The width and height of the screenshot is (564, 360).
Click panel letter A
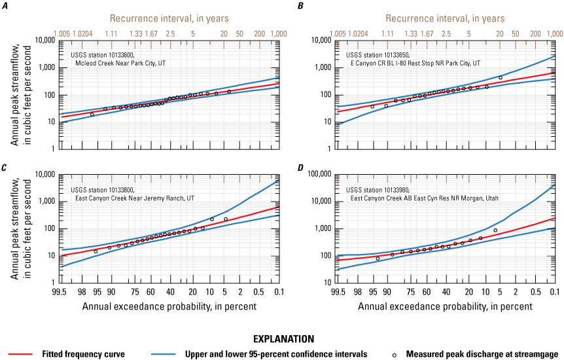7,5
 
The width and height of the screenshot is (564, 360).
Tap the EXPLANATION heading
281,339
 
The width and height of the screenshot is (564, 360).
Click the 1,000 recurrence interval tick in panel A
279,33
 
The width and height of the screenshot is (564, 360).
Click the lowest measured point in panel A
92,115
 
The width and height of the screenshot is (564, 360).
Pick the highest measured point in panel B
501,78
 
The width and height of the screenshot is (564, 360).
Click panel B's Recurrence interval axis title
445,19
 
